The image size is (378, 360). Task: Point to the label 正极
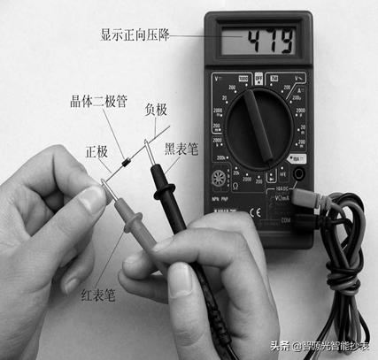(x=96, y=151)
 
